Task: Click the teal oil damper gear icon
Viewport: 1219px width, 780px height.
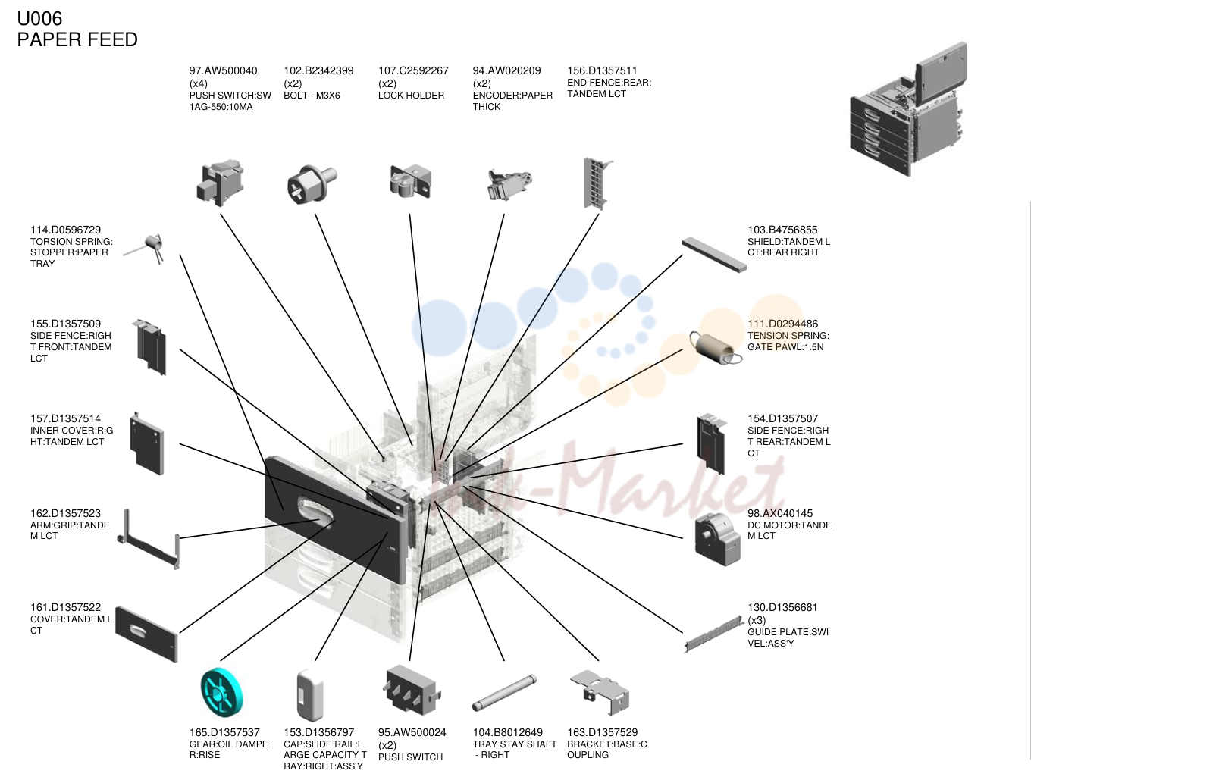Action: (221, 692)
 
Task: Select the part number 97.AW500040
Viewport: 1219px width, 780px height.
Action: (223, 70)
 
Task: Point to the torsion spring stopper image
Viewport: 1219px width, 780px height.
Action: (145, 249)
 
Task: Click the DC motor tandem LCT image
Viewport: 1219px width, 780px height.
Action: (717, 540)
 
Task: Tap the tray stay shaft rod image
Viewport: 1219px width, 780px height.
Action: (504, 692)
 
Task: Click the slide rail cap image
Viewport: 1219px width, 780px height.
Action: (310, 695)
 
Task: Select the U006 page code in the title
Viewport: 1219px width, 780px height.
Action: (39, 19)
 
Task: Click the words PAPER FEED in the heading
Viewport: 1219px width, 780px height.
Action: (77, 39)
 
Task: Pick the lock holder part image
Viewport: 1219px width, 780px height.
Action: (411, 181)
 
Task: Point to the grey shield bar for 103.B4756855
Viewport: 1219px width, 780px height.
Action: (715, 255)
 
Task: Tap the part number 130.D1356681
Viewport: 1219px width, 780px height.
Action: (782, 607)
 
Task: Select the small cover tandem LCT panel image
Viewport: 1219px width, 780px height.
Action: (146, 634)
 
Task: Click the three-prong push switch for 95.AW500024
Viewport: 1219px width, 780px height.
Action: (411, 690)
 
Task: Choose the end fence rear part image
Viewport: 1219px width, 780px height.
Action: (597, 183)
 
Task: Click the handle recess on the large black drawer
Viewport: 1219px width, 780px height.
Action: (315, 511)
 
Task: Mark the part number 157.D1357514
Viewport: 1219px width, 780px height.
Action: (65, 418)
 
